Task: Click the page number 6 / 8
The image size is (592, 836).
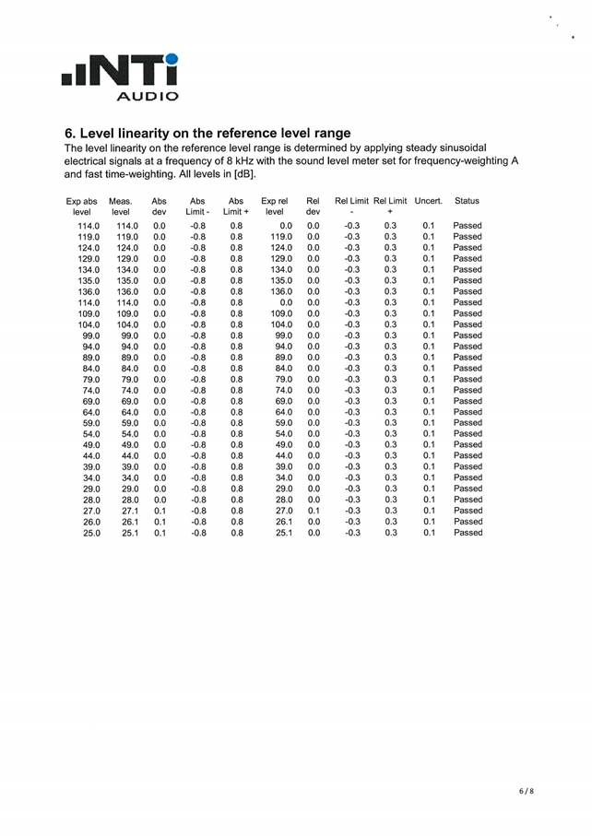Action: [x=526, y=791]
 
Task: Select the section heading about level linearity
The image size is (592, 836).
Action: [x=207, y=134]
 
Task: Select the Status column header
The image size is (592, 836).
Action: [x=467, y=200]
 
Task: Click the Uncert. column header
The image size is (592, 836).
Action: [x=428, y=200]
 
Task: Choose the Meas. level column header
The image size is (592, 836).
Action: [x=121, y=206]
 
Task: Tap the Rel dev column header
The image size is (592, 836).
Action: [x=313, y=206]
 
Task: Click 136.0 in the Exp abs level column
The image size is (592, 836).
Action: [x=89, y=291]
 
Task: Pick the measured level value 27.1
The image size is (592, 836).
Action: [x=126, y=511]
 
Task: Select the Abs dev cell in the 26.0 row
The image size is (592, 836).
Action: [x=159, y=522]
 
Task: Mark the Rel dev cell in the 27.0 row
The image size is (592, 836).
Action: [x=313, y=511]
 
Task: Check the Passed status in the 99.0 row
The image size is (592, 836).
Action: [x=468, y=336]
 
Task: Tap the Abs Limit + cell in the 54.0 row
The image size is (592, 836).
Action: [x=236, y=434]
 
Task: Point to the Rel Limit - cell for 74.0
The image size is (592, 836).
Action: [x=351, y=390]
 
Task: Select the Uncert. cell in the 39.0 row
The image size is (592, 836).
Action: [x=428, y=466]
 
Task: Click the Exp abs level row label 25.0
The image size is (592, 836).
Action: [x=90, y=533]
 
